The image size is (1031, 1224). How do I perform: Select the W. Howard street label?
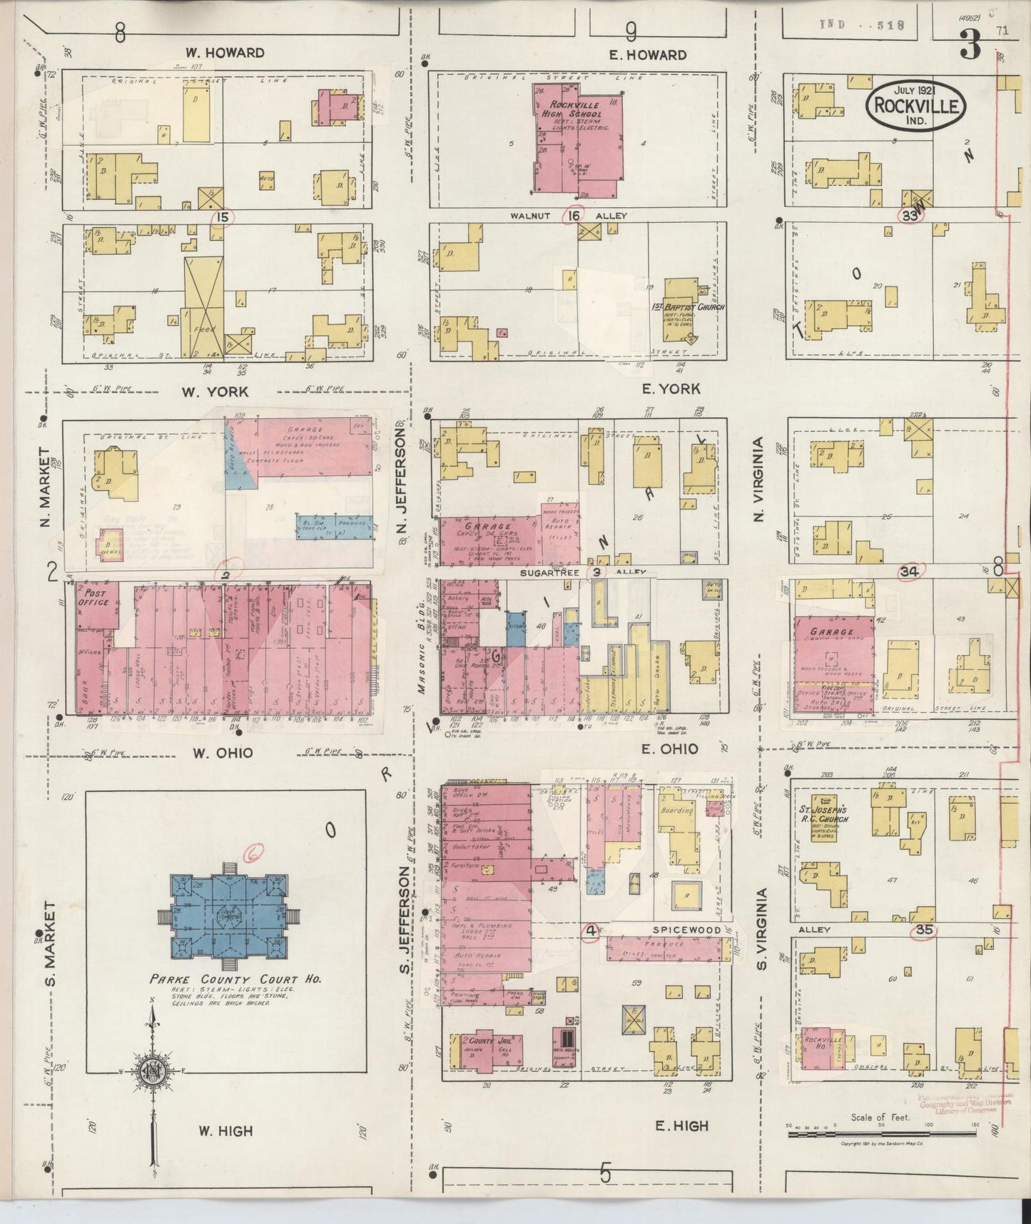[x=225, y=53]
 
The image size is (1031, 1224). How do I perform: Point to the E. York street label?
[x=671, y=388]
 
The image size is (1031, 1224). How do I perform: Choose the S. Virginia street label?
[x=761, y=928]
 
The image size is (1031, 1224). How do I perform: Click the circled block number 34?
[x=909, y=571]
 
